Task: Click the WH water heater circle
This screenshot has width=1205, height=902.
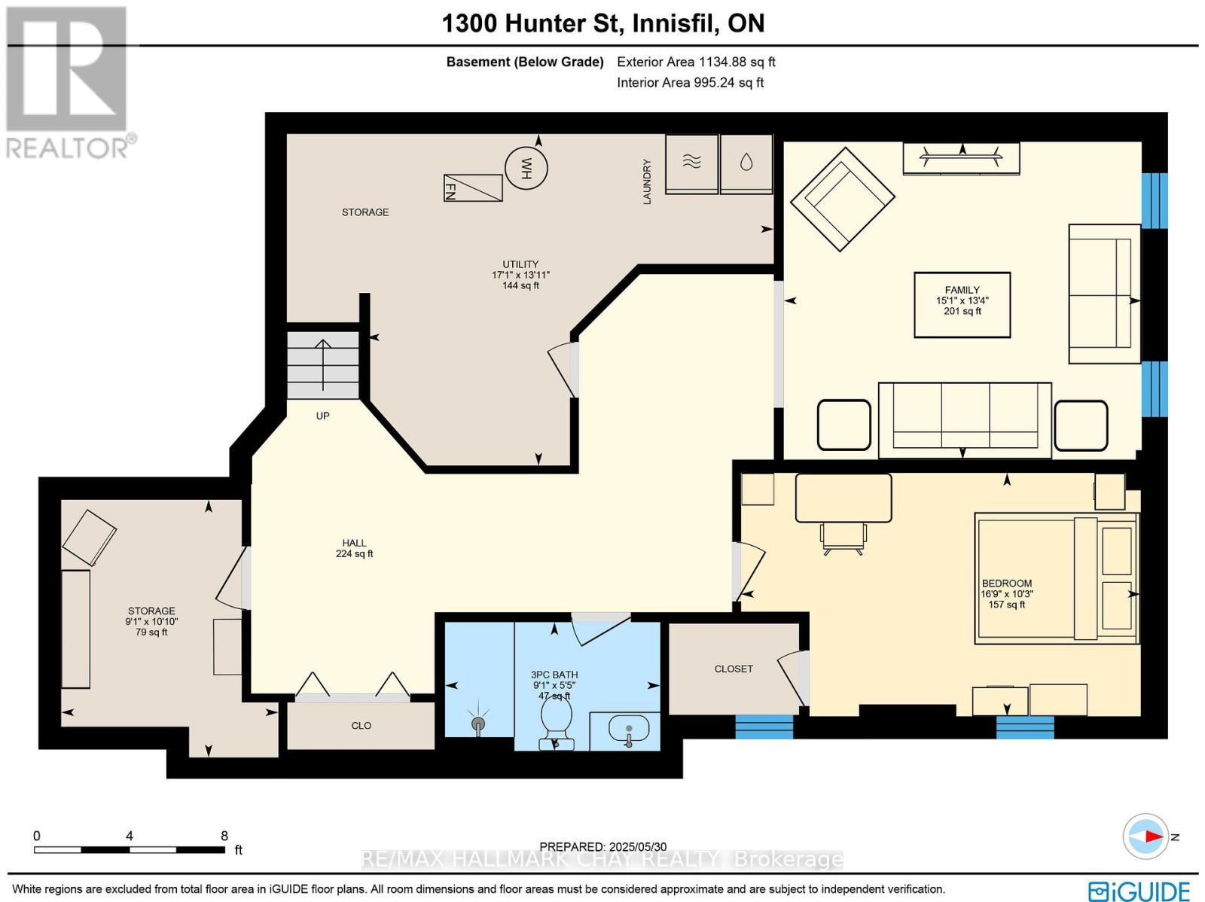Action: point(526,168)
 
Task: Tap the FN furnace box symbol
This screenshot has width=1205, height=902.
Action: point(473,187)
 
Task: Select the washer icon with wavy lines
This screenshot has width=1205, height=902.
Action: point(692,163)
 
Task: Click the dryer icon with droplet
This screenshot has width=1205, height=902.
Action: point(746,163)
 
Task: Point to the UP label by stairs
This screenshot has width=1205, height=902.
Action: point(322,416)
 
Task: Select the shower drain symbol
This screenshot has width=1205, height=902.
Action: point(477,724)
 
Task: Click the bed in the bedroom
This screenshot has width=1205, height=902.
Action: point(1056,578)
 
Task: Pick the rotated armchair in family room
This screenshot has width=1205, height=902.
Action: point(842,199)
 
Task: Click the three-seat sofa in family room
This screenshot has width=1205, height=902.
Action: point(965,419)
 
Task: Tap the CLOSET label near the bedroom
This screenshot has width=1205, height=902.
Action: point(734,669)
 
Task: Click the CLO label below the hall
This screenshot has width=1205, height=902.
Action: point(361,726)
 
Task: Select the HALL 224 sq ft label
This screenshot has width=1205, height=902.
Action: point(354,548)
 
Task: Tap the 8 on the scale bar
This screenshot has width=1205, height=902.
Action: point(224,836)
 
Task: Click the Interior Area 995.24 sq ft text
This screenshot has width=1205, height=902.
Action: point(690,83)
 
